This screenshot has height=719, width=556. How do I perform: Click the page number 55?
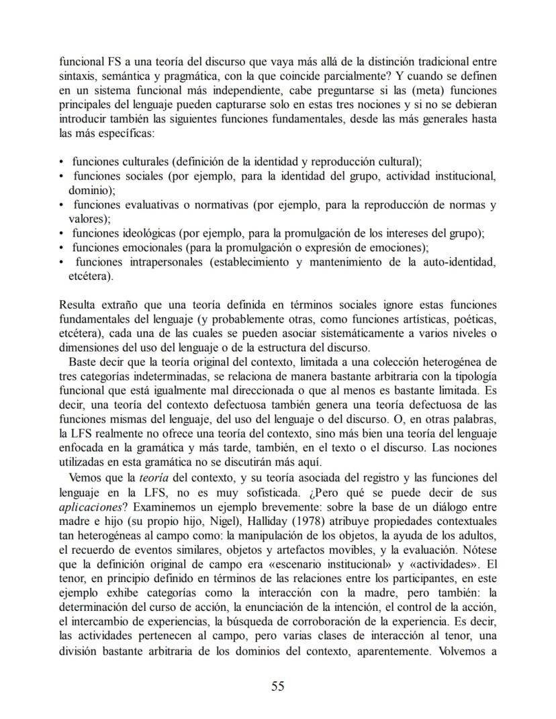[278, 685]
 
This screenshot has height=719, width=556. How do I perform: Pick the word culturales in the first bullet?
[146, 162]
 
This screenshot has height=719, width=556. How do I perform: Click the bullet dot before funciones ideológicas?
[62, 234]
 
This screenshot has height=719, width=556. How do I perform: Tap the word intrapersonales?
[164, 262]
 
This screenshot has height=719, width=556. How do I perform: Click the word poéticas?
[474, 320]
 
